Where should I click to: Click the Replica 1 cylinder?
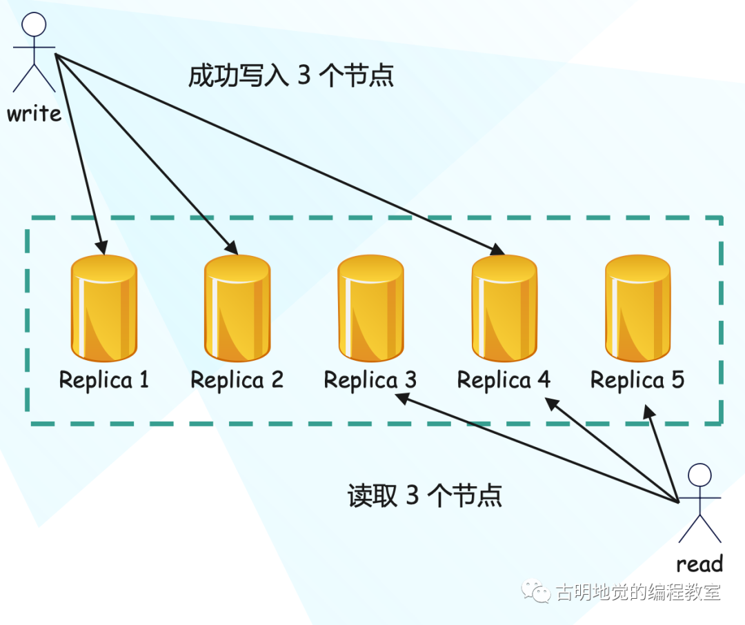coord(104,308)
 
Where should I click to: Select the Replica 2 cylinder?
coord(237,308)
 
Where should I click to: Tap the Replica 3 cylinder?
coord(370,308)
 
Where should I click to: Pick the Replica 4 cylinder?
coord(504,308)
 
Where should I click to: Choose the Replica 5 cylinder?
coord(637,308)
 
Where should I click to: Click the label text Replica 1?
coord(103,380)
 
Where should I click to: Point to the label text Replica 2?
coord(237,380)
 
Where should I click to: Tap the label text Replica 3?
coord(370,380)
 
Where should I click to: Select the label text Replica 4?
coord(504,380)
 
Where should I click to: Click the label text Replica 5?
coord(637,380)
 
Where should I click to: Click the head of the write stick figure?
coord(34,24)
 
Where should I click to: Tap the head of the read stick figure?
coord(700,475)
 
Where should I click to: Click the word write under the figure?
coord(34,114)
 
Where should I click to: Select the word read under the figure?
coord(699,564)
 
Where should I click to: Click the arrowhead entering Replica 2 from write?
coord(232,247)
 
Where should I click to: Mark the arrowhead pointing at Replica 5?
coord(648,412)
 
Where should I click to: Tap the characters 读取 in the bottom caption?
coord(372,496)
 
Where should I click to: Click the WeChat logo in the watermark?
coord(536,591)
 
